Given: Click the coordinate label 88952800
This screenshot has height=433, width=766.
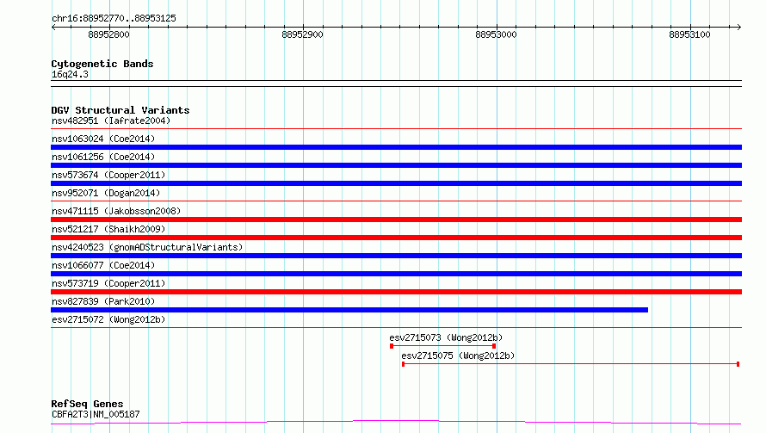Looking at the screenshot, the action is tap(108, 34).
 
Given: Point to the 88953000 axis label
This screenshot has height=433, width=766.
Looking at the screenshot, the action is tap(496, 34).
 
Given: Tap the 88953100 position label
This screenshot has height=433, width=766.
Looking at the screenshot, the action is tap(689, 34).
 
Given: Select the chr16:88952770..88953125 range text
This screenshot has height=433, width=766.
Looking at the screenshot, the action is tap(114, 19).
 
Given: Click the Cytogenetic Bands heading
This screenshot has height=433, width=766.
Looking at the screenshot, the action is tap(102, 64).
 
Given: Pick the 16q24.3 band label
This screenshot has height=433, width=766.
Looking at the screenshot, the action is tap(70, 74).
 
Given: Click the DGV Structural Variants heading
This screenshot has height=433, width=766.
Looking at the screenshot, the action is tap(120, 110).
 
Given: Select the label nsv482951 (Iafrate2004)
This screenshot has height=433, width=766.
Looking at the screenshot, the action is tap(111, 121).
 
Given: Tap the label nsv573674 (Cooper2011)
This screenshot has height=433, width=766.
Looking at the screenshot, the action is tap(108, 175).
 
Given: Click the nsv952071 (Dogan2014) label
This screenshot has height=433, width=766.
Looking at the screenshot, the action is tap(106, 193).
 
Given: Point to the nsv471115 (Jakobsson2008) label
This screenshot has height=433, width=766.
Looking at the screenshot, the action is tap(116, 211).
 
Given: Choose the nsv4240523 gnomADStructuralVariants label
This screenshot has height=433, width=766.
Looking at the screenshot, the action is tap(147, 247).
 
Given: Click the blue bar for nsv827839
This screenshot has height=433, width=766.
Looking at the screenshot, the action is tap(349, 310).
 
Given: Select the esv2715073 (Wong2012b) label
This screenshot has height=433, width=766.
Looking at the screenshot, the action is tap(446, 337).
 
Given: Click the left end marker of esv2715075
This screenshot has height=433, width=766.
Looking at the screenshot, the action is tap(403, 364).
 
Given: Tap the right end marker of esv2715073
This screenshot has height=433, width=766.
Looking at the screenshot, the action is tap(494, 346).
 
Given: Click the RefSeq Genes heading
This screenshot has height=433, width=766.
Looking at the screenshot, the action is tap(88, 404).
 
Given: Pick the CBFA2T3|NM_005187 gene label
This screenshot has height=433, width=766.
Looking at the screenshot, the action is tap(96, 414).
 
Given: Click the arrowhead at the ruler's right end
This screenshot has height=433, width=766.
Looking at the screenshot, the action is tap(738, 27).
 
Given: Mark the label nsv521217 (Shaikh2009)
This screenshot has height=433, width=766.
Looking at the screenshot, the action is tap(108, 229).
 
